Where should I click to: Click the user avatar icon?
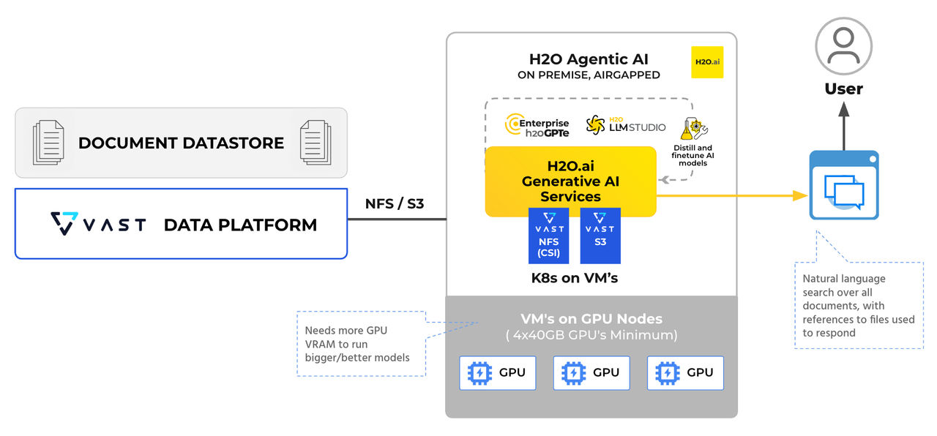(x=843, y=46)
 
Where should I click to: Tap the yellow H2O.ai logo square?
(x=706, y=62)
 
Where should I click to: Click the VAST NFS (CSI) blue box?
(x=548, y=236)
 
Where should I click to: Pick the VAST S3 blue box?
(x=600, y=236)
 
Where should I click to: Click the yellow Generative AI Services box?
(x=570, y=181)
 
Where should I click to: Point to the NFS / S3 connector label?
(x=395, y=203)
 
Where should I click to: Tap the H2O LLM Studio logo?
(x=626, y=126)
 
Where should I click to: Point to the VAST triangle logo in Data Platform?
(x=64, y=223)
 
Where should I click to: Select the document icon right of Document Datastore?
(x=316, y=143)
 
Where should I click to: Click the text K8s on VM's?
(x=575, y=278)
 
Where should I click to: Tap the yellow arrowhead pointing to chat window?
(x=799, y=195)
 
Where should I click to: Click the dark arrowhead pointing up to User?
(x=843, y=110)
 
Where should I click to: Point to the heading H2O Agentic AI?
(x=589, y=59)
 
